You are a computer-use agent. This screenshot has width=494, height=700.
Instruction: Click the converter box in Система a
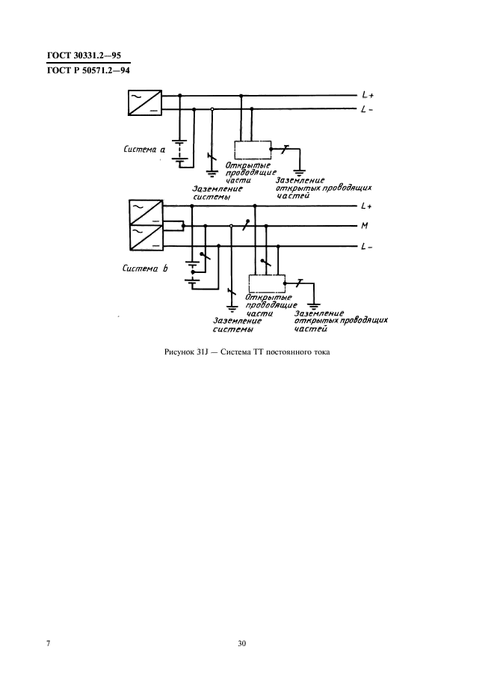point(145,103)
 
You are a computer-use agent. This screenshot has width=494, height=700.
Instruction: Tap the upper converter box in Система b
point(145,212)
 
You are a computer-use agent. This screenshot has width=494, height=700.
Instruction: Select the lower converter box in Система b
point(145,239)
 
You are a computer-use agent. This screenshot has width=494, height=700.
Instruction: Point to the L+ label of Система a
point(367,96)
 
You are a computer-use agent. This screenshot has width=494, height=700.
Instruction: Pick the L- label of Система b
point(366,247)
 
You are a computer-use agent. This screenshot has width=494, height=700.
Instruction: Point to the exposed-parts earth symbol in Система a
point(300,168)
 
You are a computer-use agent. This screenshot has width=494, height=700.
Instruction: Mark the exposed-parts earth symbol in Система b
point(315,305)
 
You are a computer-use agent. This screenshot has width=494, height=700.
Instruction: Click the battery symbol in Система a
point(179,150)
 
